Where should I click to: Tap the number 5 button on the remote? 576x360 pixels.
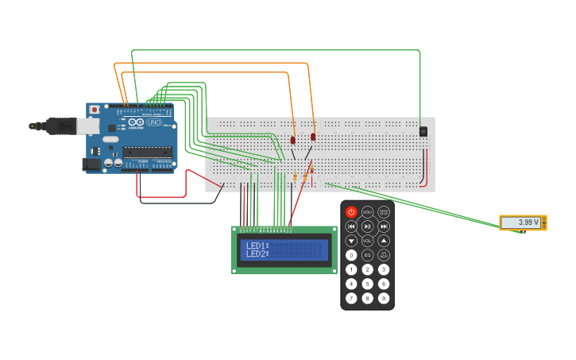tap(367, 284)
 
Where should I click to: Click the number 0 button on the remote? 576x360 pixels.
tap(351, 255)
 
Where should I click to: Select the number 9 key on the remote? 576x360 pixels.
tap(384, 298)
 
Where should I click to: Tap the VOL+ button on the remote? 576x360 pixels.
tap(367, 212)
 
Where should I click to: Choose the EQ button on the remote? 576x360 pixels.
tap(367, 255)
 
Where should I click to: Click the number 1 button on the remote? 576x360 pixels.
tap(351, 269)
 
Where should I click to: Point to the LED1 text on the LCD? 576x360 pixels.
tap(257, 246)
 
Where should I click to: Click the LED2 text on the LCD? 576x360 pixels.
tap(257, 254)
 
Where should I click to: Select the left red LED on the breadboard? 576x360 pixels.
tap(292, 140)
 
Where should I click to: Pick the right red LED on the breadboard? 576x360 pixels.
tap(313, 137)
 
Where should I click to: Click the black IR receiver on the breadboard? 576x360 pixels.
tap(423, 131)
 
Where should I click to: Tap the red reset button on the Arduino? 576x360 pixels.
tap(95, 110)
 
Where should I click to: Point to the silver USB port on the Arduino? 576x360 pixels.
tap(87, 126)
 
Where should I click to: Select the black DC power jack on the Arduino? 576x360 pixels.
tap(91, 164)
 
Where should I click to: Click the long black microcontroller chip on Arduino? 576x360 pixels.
tap(147, 152)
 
